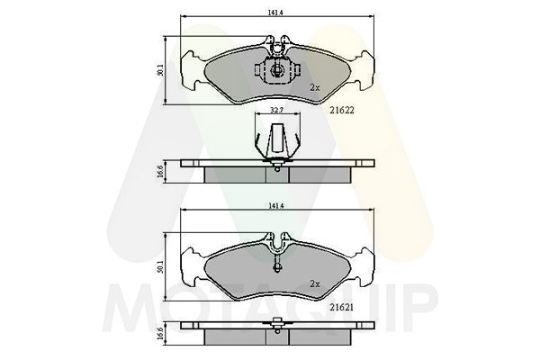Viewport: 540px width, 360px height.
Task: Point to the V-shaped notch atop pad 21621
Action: [x=277, y=242]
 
